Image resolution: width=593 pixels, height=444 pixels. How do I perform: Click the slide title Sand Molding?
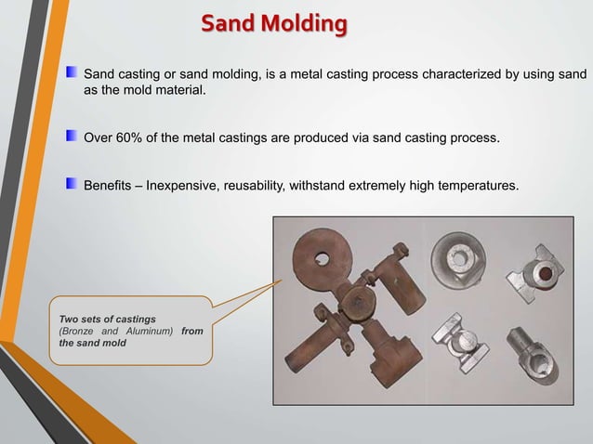274,23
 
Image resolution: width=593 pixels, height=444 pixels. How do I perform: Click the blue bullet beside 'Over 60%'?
72,137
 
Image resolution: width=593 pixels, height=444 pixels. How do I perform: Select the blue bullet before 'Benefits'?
72,185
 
